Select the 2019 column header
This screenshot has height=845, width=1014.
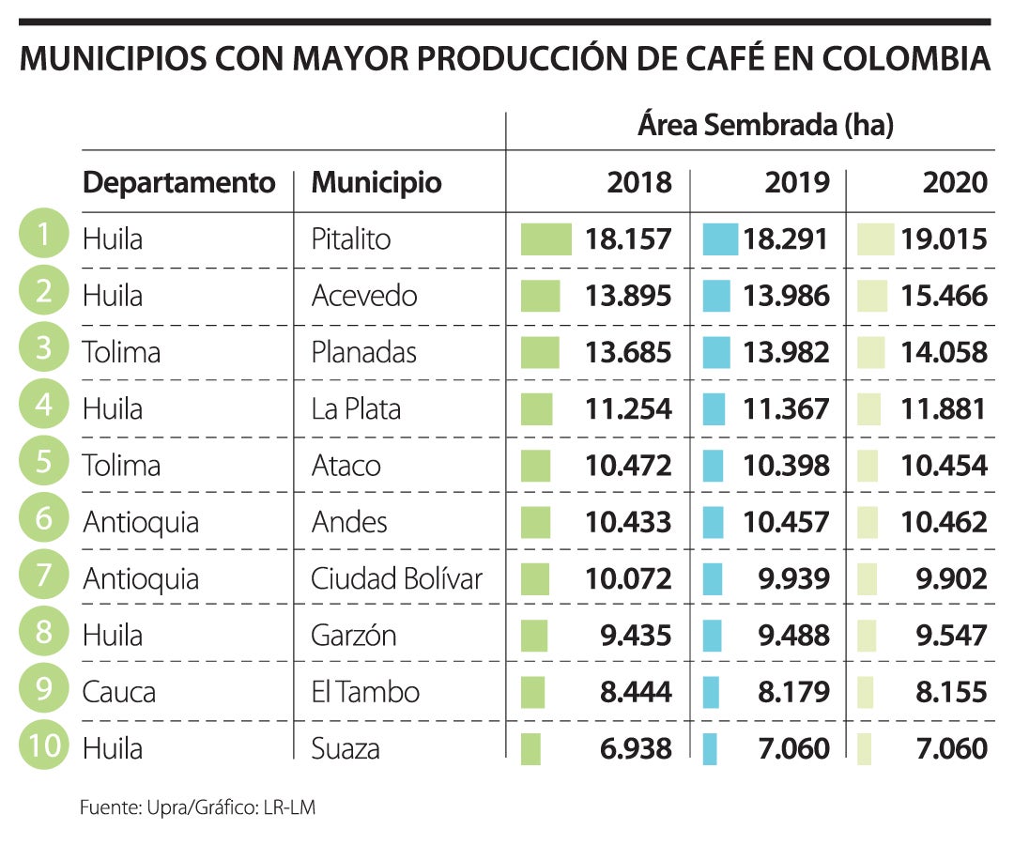tap(797, 182)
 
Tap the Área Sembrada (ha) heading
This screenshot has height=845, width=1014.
tap(765, 125)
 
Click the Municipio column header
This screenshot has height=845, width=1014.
tap(376, 182)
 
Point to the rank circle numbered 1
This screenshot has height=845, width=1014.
tap(43, 236)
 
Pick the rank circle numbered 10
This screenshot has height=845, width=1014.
tap(43, 747)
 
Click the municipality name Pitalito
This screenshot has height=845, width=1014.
tap(350, 239)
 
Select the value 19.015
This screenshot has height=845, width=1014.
tap(945, 239)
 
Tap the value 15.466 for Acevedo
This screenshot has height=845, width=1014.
tap(945, 297)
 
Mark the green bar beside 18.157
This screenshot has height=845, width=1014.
tap(545, 239)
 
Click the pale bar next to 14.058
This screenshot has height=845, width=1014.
tap(871, 353)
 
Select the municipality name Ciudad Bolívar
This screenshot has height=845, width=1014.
tap(396, 579)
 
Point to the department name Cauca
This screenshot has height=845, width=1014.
tap(119, 693)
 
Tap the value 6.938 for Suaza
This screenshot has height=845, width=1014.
tap(636, 749)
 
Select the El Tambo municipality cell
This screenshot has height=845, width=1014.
tap(365, 693)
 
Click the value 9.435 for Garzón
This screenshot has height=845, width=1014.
tap(636, 636)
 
